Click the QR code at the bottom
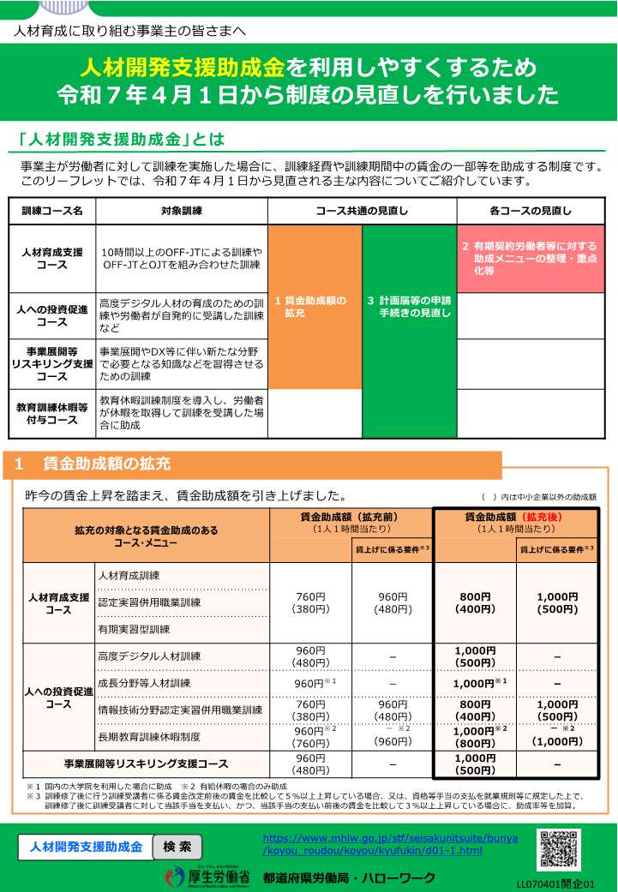tap(559, 850)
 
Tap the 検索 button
tap(177, 847)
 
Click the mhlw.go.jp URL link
tap(390, 844)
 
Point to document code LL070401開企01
tap(555, 883)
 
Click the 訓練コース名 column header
tap(52, 211)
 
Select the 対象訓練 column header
tap(181, 211)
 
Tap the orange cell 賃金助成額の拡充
tap(315, 307)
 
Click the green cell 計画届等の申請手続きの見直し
tap(409, 307)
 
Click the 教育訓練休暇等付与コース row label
tap(52, 414)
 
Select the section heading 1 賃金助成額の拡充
tap(93, 464)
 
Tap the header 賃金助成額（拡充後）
tap(515, 523)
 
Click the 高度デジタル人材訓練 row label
tap(150, 656)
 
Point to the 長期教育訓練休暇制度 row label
tap(150, 737)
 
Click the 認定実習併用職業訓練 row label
tap(150, 602)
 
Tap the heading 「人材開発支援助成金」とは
tap(120, 139)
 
